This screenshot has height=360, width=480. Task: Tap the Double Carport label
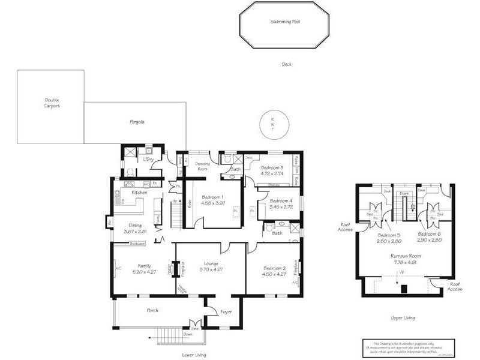click(x=52, y=103)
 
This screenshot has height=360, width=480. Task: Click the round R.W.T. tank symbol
click(x=272, y=125)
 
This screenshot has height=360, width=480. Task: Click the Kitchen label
click(x=139, y=192)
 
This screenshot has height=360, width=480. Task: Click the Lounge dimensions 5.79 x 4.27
click(x=211, y=269)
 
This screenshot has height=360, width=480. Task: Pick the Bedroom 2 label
click(x=274, y=268)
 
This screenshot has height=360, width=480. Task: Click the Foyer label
click(x=226, y=311)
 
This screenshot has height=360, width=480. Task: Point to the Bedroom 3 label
click(x=271, y=167)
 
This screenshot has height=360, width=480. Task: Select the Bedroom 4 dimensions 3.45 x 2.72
click(x=281, y=206)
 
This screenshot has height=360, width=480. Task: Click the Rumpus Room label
click(x=402, y=255)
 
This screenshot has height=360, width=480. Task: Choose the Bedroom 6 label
click(x=429, y=234)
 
